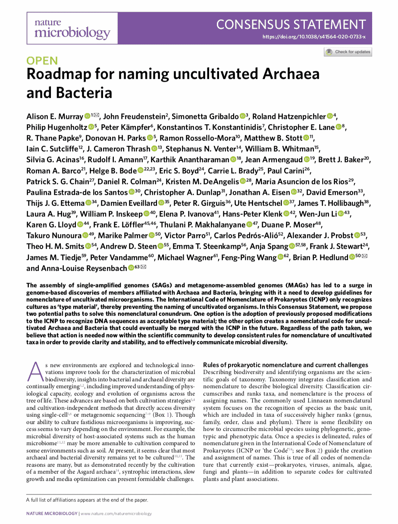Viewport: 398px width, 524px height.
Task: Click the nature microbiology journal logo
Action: pyautogui.click(x=72, y=28)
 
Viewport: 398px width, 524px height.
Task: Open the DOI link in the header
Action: pyautogui.click(x=314, y=37)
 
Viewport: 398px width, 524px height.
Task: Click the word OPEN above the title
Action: pyautogui.click(x=42, y=60)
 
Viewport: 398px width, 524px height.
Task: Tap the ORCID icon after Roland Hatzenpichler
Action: pyautogui.click(x=330, y=116)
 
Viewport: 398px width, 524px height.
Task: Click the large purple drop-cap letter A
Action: pyautogui.click(x=36, y=371)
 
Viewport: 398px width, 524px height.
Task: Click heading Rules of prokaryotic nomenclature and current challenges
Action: pyautogui.click(x=285, y=365)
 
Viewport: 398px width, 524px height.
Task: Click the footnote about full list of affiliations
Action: pyautogui.click(x=87, y=500)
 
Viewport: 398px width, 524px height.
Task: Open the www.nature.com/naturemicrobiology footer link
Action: pyautogui.click(x=116, y=514)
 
